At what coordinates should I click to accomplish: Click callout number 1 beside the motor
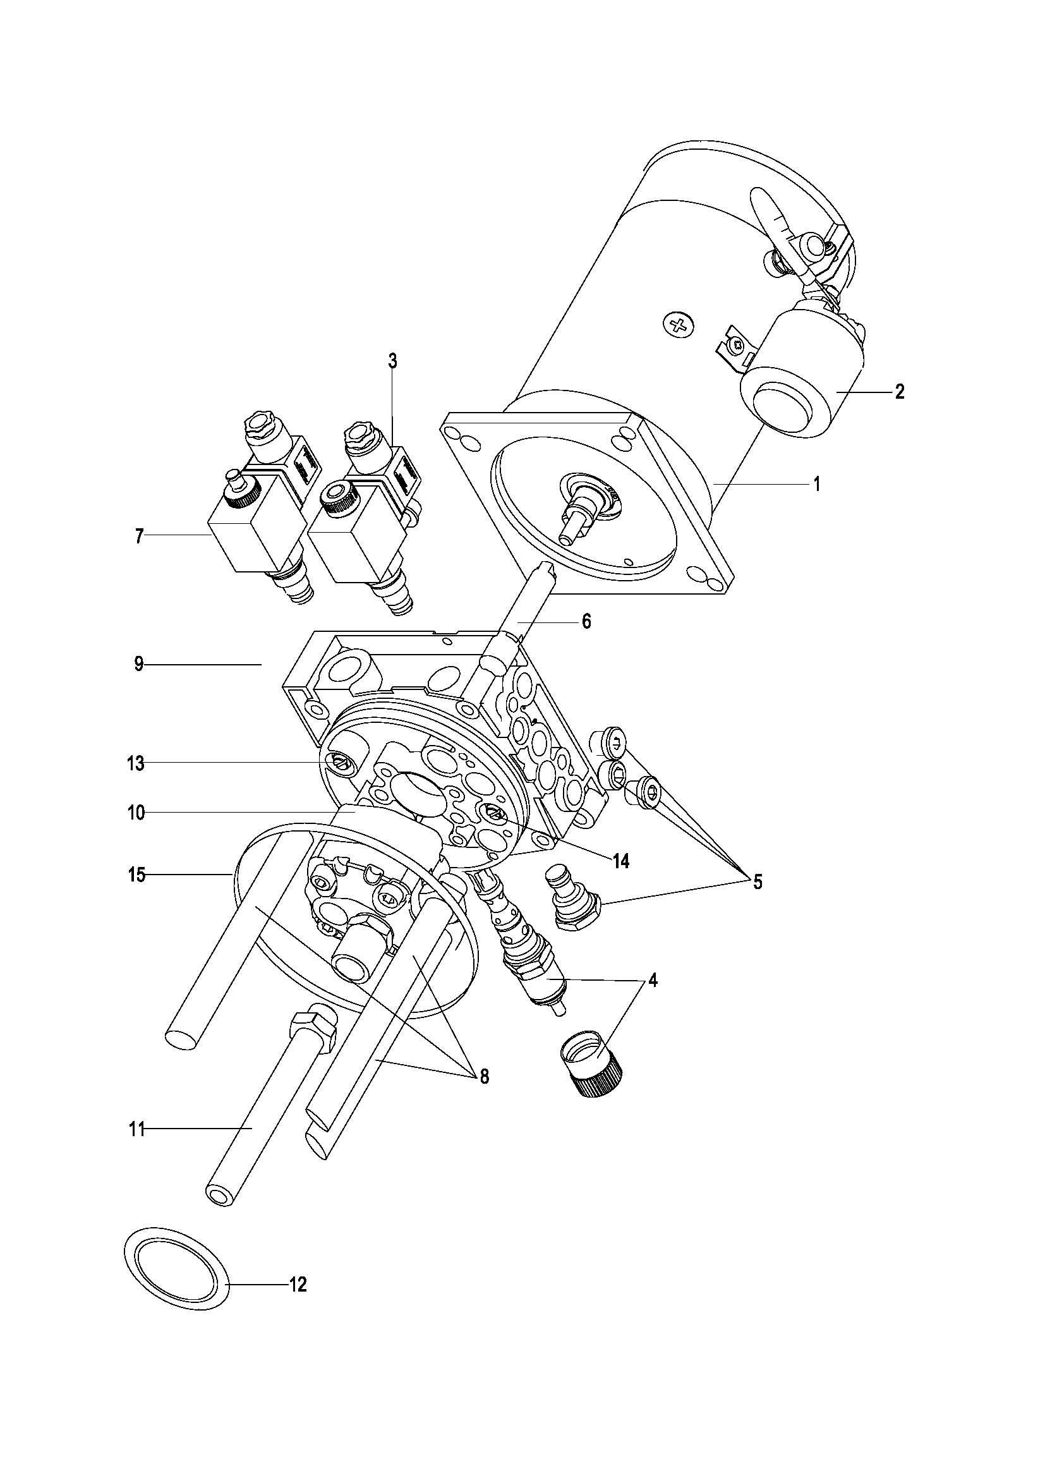tap(816, 483)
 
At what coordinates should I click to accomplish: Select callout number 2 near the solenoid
tap(900, 391)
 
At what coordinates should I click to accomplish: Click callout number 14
tap(620, 861)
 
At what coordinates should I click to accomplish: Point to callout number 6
tap(586, 622)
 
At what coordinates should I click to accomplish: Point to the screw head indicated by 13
tap(339, 763)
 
